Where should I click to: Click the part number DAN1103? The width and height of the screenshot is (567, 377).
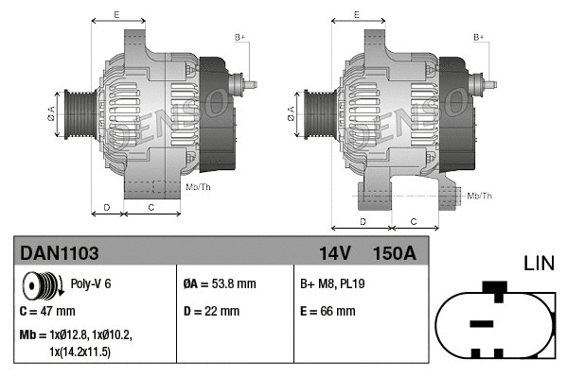(x=60, y=252)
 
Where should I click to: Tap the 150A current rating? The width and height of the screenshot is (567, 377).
(x=394, y=252)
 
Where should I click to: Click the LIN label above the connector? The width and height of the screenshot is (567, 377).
(x=541, y=262)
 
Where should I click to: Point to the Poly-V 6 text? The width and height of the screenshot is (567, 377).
(x=92, y=283)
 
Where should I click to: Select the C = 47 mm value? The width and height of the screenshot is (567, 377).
(x=46, y=310)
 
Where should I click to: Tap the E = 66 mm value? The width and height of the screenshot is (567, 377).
(x=328, y=310)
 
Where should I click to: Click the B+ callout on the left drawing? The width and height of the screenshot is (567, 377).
(x=239, y=37)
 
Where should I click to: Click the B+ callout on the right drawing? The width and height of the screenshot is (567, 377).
(x=478, y=37)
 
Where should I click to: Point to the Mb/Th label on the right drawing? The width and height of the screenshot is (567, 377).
(x=480, y=196)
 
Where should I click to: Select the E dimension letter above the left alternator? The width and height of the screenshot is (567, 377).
(x=115, y=16)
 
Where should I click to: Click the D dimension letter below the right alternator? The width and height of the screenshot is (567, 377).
(x=363, y=220)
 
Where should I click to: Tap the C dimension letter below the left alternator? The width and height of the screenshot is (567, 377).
(x=151, y=205)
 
